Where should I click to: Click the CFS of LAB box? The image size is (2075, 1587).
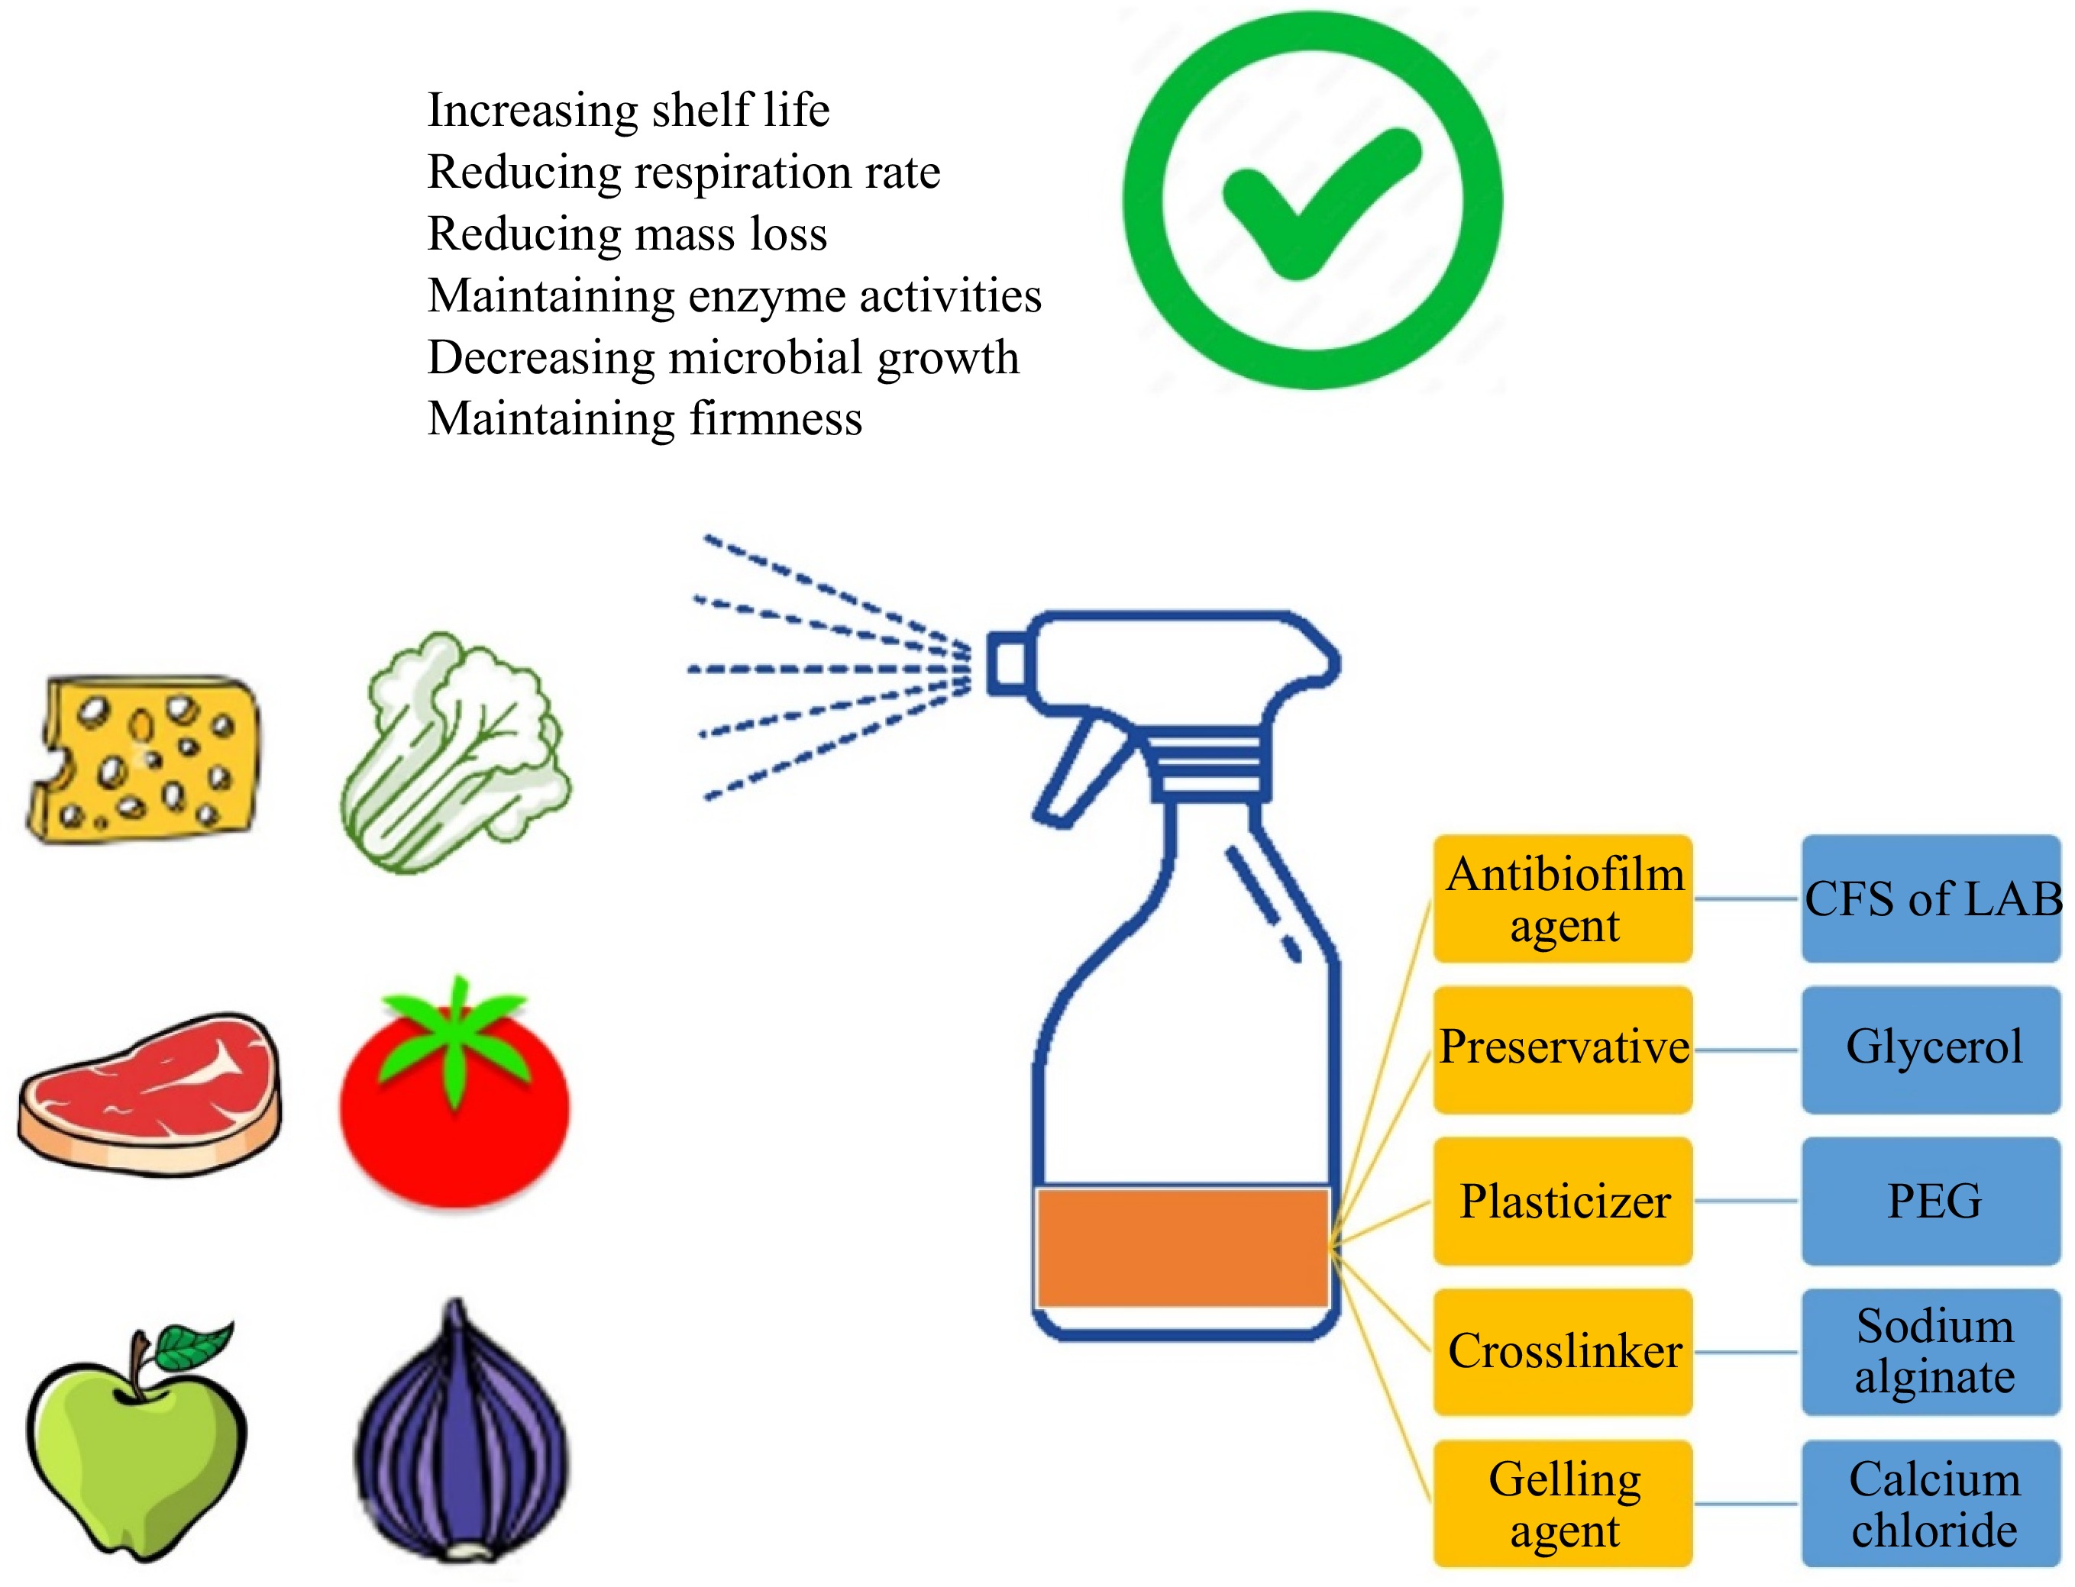point(1931,898)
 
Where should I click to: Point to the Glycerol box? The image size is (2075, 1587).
point(1931,1049)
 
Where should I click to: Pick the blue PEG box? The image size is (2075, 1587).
point(1931,1201)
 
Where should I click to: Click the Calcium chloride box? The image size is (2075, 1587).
point(1931,1504)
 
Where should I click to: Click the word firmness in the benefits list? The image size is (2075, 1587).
point(775,418)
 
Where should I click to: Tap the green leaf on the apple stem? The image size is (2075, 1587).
point(194,1345)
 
